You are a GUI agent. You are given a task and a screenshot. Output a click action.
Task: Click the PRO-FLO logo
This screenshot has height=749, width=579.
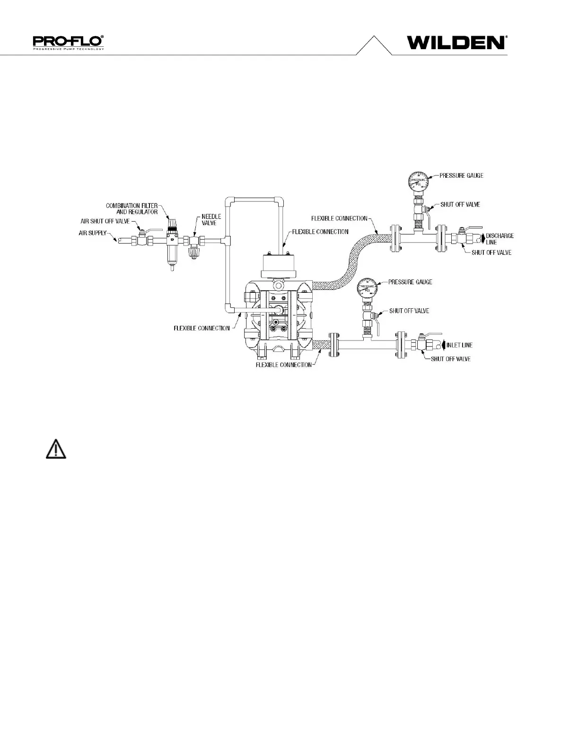(x=69, y=42)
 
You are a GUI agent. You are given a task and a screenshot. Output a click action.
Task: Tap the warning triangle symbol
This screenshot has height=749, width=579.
(x=56, y=449)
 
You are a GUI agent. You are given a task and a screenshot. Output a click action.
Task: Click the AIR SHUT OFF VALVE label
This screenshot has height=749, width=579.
(x=105, y=221)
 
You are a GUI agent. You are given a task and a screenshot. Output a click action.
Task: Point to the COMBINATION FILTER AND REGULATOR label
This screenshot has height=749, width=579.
(x=132, y=209)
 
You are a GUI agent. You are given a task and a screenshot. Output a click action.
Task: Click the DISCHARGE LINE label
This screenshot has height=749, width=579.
(x=500, y=239)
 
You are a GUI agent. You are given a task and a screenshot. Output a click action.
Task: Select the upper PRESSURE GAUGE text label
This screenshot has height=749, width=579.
(x=461, y=175)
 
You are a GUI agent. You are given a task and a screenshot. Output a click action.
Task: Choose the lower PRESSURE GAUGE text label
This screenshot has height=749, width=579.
(x=410, y=282)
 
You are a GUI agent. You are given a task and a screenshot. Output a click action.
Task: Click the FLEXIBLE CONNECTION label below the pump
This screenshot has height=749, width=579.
(x=283, y=365)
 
